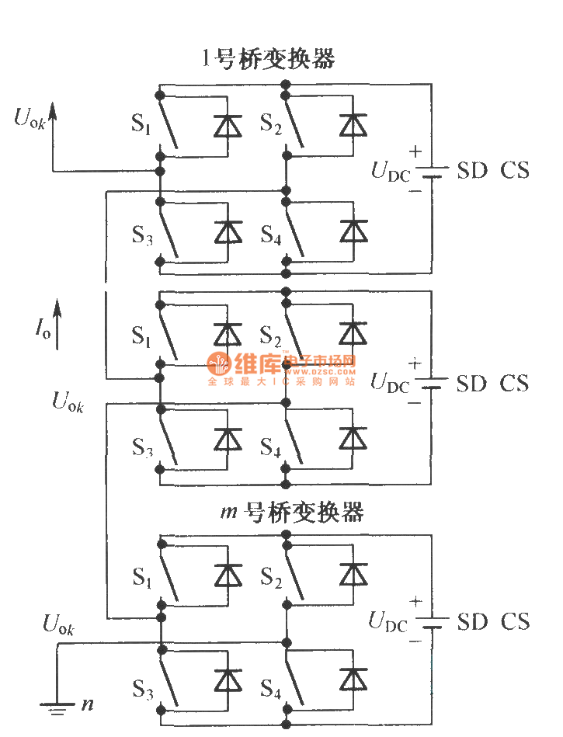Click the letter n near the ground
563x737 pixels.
pyautogui.click(x=87, y=705)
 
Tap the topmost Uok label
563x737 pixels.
pyautogui.click(x=29, y=118)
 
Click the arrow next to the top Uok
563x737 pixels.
pyautogui.click(x=53, y=116)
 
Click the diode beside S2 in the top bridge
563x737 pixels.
pyautogui.click(x=353, y=124)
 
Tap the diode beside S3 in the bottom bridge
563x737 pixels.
pyautogui.click(x=228, y=679)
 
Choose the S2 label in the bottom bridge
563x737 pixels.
pyautogui.click(x=270, y=576)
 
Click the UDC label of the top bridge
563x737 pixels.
pyautogui.click(x=390, y=172)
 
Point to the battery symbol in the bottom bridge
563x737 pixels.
pyautogui.click(x=436, y=622)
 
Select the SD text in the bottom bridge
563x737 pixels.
pyautogui.click(x=471, y=622)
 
